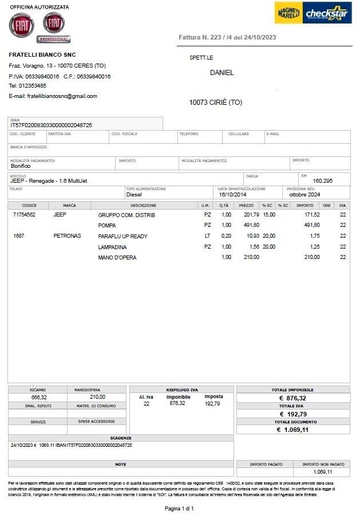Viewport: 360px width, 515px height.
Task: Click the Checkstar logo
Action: [x=327, y=13]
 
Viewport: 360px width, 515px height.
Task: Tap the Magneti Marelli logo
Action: [x=288, y=13]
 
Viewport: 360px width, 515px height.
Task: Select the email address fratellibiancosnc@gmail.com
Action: [x=62, y=96]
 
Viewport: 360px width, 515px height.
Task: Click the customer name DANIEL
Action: [x=221, y=73]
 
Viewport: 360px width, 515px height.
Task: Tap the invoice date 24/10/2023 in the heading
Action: [x=260, y=37]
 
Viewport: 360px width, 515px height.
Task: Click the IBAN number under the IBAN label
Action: [x=52, y=125]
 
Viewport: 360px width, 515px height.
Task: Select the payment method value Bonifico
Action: [x=21, y=166]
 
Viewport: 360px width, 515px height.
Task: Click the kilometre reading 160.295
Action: [x=322, y=181]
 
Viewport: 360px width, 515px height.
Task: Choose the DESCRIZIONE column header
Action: [x=143, y=205]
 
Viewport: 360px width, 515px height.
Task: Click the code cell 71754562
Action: [x=24, y=215]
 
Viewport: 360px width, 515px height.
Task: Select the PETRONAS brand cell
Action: [x=68, y=236]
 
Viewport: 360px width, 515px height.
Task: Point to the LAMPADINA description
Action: [x=113, y=247]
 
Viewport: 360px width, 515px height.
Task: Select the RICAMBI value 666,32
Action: [x=39, y=397]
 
